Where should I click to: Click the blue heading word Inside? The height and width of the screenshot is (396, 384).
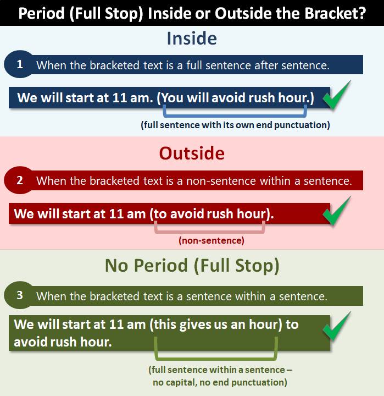tap(192, 38)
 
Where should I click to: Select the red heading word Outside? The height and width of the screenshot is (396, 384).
tap(192, 153)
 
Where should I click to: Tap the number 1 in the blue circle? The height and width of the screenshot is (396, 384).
tap(20, 64)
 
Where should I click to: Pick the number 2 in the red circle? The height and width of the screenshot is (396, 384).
tap(20, 180)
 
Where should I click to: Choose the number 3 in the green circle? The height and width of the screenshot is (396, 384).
tap(20, 295)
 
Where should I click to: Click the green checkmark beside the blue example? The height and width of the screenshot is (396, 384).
tap(337, 95)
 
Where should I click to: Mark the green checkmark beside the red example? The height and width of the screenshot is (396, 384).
tap(337, 211)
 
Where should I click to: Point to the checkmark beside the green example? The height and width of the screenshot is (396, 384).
tap(337, 326)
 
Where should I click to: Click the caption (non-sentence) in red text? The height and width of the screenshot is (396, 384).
tap(212, 240)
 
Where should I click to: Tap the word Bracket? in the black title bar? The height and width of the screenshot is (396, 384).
tap(335, 13)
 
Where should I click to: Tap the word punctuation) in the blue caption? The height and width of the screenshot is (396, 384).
tap(302, 125)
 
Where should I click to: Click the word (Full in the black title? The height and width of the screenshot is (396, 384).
tap(86, 13)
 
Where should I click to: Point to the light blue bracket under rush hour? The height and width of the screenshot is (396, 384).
tap(235, 115)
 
